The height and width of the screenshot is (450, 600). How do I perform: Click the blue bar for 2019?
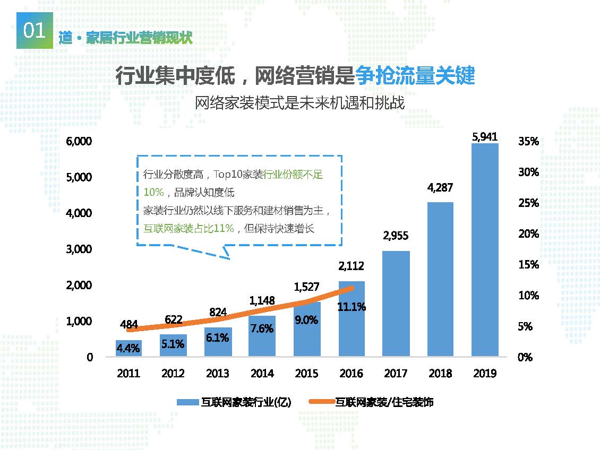point(484,249)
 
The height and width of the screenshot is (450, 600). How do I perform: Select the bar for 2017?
point(396,303)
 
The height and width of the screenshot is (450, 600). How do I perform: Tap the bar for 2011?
point(128,348)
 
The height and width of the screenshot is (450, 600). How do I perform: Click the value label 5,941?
point(484,136)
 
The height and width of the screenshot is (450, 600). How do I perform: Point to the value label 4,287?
point(440,187)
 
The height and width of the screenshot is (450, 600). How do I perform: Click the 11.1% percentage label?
point(351,307)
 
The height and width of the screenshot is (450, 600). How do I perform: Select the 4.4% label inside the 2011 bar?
point(128,349)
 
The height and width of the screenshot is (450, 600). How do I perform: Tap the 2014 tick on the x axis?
point(262,374)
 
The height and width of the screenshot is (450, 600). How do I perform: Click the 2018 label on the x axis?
point(440,374)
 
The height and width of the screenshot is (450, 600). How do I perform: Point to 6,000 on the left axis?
point(79,141)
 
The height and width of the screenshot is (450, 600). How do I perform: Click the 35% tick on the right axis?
point(528,141)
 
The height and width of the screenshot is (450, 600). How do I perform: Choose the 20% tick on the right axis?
point(528,234)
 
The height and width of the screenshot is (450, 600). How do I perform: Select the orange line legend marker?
point(321,403)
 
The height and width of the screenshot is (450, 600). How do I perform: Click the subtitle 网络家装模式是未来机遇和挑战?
point(299,103)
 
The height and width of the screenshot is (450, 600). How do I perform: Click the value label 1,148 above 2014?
point(262,300)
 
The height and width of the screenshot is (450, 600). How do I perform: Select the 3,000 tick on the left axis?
point(79,249)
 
